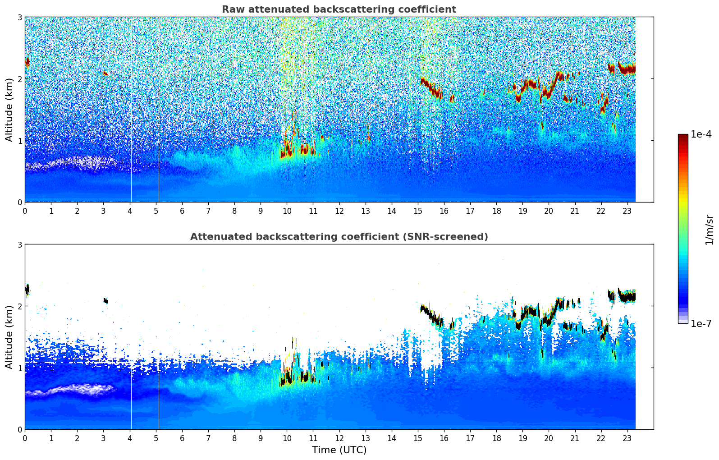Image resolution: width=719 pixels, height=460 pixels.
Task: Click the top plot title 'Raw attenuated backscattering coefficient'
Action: (x=339, y=9)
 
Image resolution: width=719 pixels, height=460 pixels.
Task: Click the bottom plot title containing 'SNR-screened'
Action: (x=339, y=237)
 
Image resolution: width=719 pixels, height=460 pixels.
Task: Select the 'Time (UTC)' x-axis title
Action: (x=339, y=450)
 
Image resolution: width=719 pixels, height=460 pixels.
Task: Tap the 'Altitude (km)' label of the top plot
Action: (x=9, y=110)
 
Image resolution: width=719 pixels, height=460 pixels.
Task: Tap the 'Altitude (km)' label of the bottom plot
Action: (x=9, y=337)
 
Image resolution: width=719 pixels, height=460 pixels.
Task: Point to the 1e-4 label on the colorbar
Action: (x=701, y=134)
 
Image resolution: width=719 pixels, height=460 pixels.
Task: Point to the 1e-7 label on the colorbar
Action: (x=701, y=323)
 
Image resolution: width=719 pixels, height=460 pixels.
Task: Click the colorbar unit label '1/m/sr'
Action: (x=709, y=230)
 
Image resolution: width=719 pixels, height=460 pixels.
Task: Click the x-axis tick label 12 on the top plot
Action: (x=339, y=211)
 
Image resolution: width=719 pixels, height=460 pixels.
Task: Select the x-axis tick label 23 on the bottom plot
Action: (x=627, y=438)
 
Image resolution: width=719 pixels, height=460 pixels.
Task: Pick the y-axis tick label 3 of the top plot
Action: (x=20, y=17)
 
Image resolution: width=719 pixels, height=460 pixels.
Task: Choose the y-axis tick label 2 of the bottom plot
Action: (x=20, y=306)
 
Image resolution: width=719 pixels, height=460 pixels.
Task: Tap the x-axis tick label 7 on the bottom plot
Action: (x=208, y=438)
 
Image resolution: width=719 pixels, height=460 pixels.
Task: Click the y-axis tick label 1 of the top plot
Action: (x=20, y=141)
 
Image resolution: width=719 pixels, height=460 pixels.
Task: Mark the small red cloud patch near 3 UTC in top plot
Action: (x=105, y=73)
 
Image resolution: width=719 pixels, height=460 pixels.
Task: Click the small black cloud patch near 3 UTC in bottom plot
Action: (x=105, y=300)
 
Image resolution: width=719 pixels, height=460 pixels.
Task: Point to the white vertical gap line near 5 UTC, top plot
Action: (x=159, y=135)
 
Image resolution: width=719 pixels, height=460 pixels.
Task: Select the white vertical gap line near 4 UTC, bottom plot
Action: (x=131, y=397)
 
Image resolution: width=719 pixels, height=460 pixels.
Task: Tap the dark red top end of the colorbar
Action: (x=682, y=136)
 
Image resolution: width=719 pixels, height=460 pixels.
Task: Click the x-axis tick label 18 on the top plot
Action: (x=496, y=211)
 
